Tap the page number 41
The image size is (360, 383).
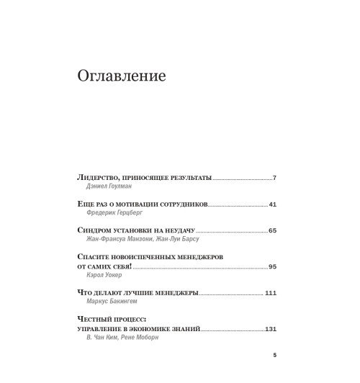[272, 205]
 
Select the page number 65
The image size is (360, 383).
[272, 230]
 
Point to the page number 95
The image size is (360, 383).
[272, 266]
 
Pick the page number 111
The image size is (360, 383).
[271, 293]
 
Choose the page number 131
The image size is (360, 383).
[271, 328]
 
